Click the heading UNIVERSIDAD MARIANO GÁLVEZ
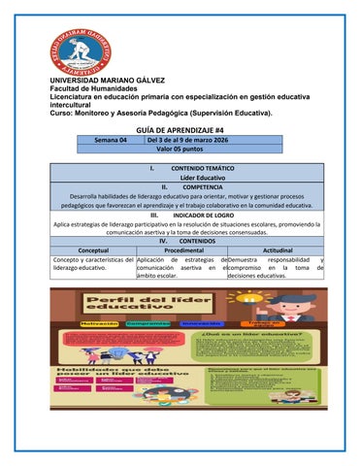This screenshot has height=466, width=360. [111, 80]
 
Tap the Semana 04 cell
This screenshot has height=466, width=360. [110, 139]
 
